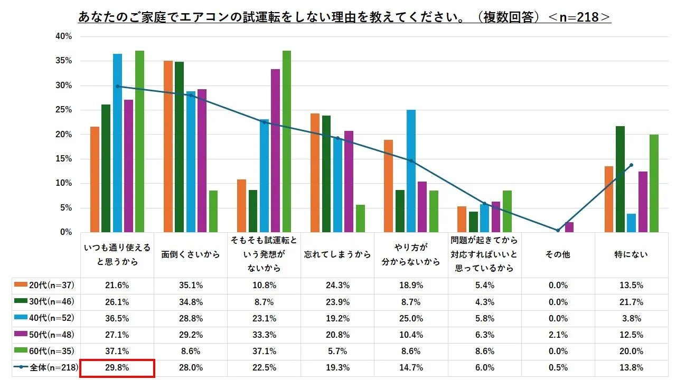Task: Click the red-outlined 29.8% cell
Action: click(117, 368)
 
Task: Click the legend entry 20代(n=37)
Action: click(45, 286)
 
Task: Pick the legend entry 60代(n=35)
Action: click(45, 351)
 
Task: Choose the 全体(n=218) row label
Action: click(45, 368)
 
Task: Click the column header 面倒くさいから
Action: click(190, 254)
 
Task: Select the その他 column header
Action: click(558, 254)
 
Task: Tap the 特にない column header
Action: click(631, 254)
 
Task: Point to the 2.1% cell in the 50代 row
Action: click(558, 335)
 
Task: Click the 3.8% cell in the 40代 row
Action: click(631, 319)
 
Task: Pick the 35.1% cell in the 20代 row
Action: click(190, 286)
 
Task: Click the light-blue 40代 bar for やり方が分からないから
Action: click(411, 171)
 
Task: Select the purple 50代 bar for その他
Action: click(569, 227)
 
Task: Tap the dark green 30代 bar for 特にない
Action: click(620, 179)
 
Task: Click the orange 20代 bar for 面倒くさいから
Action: click(168, 147)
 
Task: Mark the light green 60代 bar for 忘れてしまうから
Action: click(360, 218)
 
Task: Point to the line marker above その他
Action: click(558, 230)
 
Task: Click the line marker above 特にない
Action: click(631, 165)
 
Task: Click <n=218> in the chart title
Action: click(579, 17)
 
